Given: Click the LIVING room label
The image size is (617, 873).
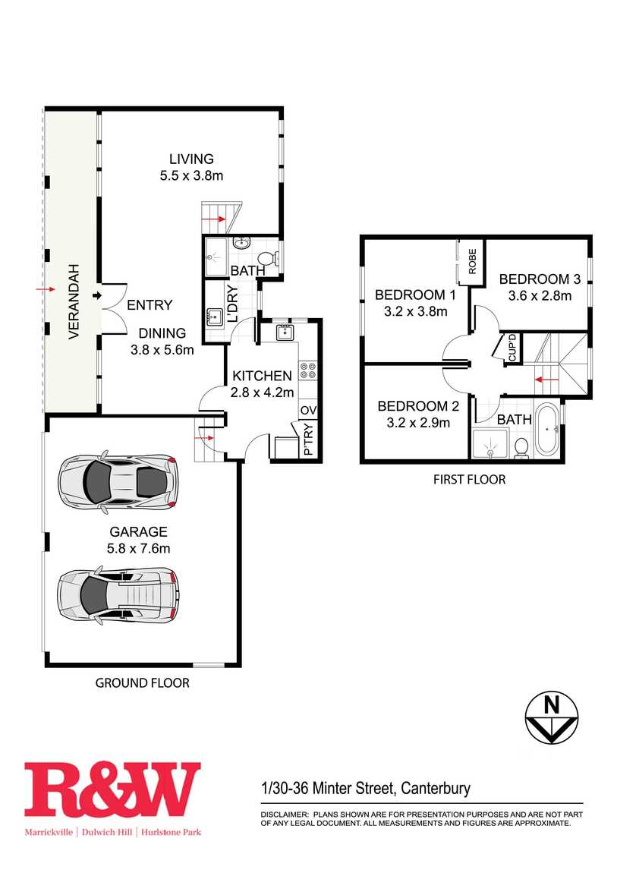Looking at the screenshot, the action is [191, 159].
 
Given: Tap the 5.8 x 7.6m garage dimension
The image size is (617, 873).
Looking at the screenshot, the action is [139, 548].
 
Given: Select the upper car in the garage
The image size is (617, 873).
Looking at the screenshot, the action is [118, 481].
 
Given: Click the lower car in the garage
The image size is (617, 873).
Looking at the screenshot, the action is [118, 594].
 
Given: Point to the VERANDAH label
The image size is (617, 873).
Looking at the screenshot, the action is [74, 301].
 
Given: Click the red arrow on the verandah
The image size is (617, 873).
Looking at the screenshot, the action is [45, 289].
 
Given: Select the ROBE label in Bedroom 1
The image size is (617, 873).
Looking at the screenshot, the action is [472, 261].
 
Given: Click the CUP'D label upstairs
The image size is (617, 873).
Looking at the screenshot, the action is [512, 348].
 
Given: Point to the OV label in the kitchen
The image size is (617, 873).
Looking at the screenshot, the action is [308, 411].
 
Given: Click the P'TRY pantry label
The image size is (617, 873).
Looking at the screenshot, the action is [309, 440].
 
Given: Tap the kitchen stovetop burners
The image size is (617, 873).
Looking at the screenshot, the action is [308, 371].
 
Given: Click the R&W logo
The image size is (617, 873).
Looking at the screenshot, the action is [112, 790].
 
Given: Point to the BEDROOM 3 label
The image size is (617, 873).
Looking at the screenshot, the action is [540, 279].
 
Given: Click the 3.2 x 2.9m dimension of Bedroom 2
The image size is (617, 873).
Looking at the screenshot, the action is [418, 423].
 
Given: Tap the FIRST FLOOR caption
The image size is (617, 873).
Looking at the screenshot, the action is [470, 479].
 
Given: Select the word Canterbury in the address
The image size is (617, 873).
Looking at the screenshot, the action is [436, 789].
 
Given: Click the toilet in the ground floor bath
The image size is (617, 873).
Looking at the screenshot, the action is [269, 258].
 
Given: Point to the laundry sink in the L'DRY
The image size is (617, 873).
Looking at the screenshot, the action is [215, 317].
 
